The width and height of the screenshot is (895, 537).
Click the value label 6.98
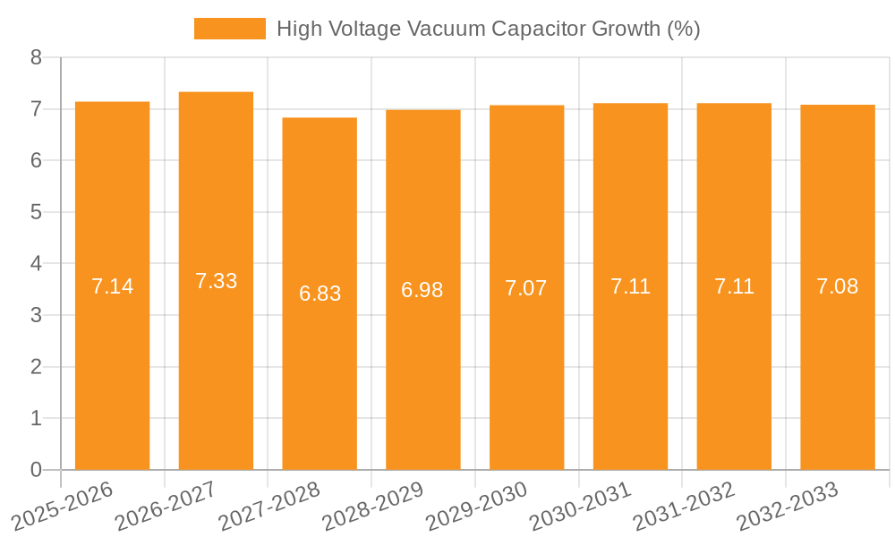[x=422, y=290]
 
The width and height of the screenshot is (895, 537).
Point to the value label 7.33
[x=216, y=281]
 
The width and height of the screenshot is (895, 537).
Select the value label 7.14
[x=112, y=286]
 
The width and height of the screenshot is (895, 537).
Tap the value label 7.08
[x=837, y=286]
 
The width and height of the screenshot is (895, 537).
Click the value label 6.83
[x=320, y=294]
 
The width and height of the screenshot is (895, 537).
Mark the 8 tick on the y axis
[x=36, y=57]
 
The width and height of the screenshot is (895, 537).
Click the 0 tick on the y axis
[x=36, y=470]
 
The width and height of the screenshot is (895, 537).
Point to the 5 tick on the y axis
[x=36, y=212]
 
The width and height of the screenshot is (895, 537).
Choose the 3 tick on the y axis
[x=36, y=315]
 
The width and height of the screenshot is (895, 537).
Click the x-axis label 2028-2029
[x=372, y=506]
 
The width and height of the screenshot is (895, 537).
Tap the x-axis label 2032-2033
[x=787, y=506]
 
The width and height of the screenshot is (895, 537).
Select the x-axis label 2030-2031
[x=580, y=506]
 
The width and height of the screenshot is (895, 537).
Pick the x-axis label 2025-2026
[x=62, y=506]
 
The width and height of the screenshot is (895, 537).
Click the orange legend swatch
[x=229, y=29]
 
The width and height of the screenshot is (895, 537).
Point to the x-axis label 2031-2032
[x=684, y=506]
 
